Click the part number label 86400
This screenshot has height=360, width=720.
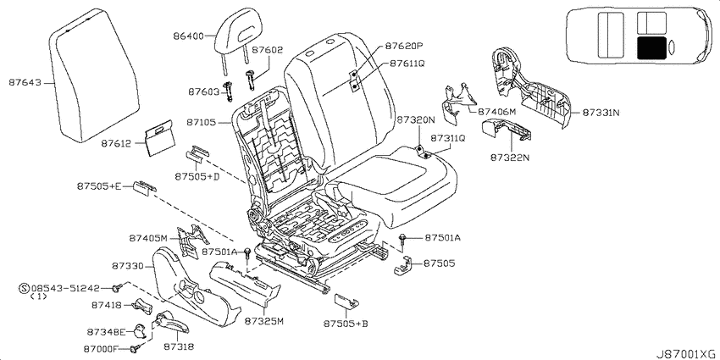pyautogui.click(x=188, y=36)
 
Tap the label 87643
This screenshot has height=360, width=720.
pyautogui.click(x=25, y=83)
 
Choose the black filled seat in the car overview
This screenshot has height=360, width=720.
pyautogui.click(x=652, y=48)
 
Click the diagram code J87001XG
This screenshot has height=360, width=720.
pyautogui.click(x=686, y=353)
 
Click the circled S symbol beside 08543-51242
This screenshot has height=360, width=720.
pyautogui.click(x=25, y=288)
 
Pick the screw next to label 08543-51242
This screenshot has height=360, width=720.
pyautogui.click(x=116, y=288)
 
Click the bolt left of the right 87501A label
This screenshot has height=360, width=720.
pyautogui.click(x=402, y=238)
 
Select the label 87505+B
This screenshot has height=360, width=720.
pyautogui.click(x=346, y=324)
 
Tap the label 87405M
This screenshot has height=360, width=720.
pyautogui.click(x=149, y=238)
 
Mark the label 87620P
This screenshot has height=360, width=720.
pyautogui.click(x=403, y=46)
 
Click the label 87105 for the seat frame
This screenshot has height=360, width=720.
pyautogui.click(x=201, y=123)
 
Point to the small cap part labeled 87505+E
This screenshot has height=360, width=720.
pyautogui.click(x=144, y=188)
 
